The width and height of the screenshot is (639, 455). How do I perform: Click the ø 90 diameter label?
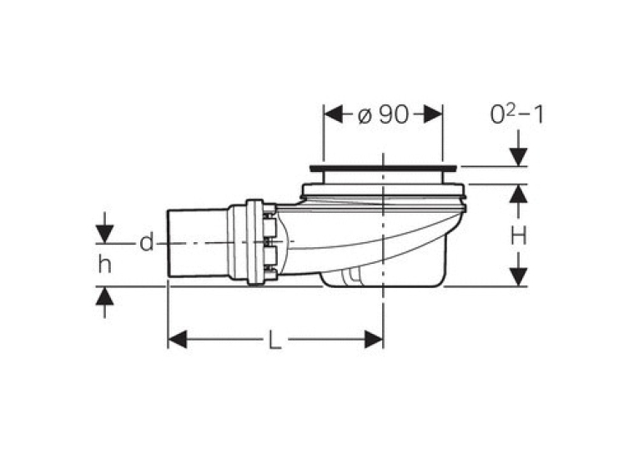coord(383,115)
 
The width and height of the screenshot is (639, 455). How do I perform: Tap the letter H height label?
coord(519,235)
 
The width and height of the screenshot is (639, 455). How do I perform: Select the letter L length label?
coord(275,339)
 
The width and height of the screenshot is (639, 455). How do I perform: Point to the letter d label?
coord(147,243)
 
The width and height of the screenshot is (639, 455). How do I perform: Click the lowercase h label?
coord(105,265)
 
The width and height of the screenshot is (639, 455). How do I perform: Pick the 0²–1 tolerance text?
coord(516,114)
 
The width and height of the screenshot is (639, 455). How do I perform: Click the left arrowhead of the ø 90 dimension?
coord(334,114)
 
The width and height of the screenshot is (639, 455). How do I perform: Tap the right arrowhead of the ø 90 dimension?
coord(433,114)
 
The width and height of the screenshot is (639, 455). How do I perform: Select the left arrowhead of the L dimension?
coord(178,339)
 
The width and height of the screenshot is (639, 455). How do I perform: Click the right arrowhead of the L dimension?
coord(374,339)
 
